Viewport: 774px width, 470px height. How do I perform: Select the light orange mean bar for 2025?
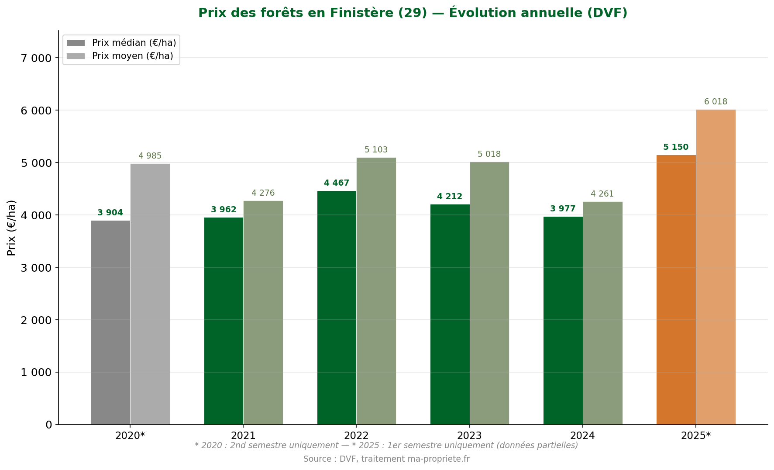click(x=716, y=267)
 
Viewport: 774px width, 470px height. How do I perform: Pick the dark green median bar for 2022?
click(x=337, y=308)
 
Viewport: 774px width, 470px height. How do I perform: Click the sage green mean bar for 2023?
click(x=489, y=293)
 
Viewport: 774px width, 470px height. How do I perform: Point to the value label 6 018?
click(x=716, y=102)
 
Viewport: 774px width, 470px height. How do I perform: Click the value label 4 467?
click(x=337, y=183)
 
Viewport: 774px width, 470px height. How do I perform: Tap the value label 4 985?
click(x=150, y=156)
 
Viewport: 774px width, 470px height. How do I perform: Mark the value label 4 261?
click(x=602, y=194)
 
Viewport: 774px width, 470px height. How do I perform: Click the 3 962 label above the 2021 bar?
click(x=224, y=210)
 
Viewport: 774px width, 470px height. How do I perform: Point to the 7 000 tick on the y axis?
click(x=36, y=58)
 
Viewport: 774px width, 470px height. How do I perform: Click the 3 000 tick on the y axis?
click(x=36, y=268)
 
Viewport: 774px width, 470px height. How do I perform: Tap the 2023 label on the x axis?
click(x=469, y=435)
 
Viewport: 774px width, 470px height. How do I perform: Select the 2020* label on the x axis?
click(x=130, y=435)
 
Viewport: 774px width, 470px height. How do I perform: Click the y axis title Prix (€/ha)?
click(x=12, y=228)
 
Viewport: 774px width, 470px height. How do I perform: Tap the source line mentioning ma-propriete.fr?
click(x=386, y=459)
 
